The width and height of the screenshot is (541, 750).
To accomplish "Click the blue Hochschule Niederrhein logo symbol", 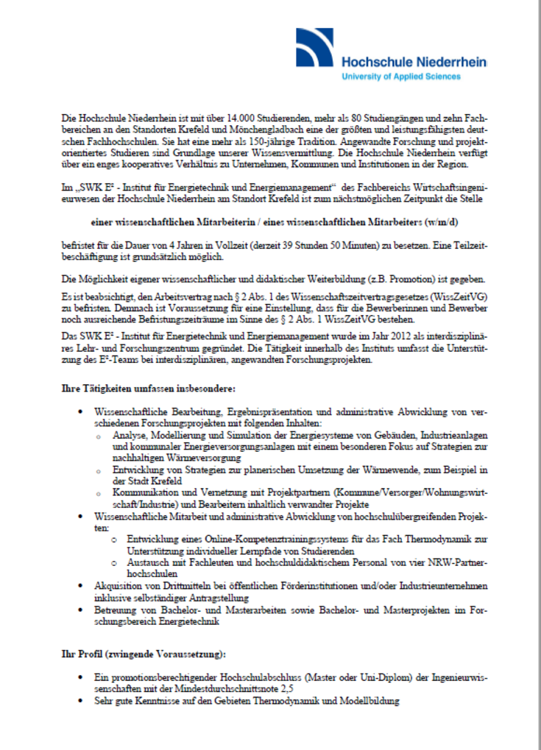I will [317, 48].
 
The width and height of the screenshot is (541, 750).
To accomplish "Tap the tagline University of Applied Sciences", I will [400, 77].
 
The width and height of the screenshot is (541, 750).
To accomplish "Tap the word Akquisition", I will [120, 584].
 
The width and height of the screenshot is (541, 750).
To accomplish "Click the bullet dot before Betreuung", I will [80, 611].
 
